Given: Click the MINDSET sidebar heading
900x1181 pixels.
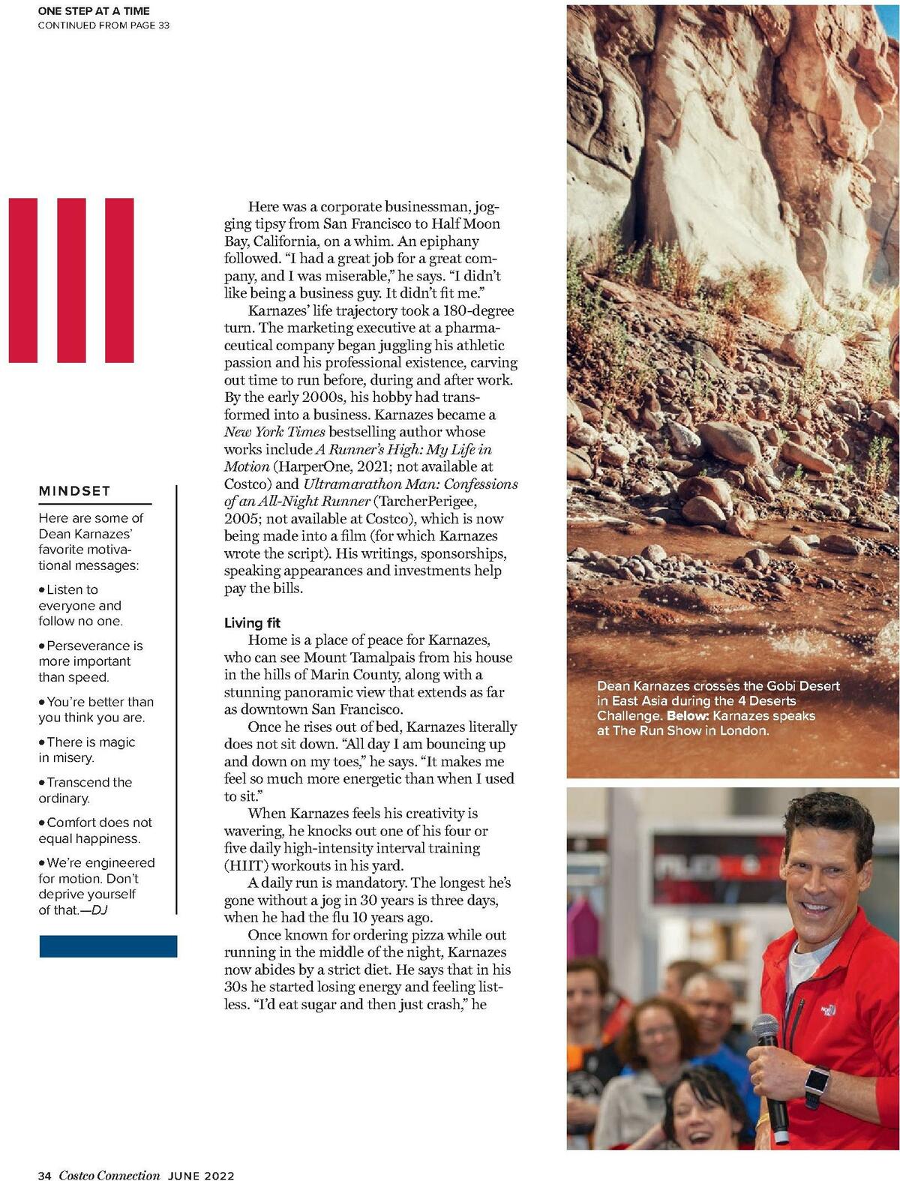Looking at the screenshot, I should click(x=74, y=491).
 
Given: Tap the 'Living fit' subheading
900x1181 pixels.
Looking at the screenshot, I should click(x=252, y=622).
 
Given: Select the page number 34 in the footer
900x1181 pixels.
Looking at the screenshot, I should click(x=44, y=1175).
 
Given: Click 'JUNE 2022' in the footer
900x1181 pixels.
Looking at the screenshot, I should click(x=201, y=1175).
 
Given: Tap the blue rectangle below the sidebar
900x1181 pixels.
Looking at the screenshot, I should click(x=108, y=946).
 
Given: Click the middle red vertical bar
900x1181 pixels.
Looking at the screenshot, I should click(x=71, y=280).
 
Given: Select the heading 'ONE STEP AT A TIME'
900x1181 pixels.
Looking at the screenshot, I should click(x=94, y=10).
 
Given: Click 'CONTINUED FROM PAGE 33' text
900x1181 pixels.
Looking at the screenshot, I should click(x=103, y=25).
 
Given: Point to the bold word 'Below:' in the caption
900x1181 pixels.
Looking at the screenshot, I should click(x=688, y=715).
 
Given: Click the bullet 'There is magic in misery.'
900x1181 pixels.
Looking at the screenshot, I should click(x=86, y=750).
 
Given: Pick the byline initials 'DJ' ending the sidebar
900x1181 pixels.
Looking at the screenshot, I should click(x=99, y=910).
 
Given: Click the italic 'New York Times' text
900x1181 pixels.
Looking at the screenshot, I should click(x=274, y=432).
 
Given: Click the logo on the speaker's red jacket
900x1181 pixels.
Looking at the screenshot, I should click(x=827, y=1009).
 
